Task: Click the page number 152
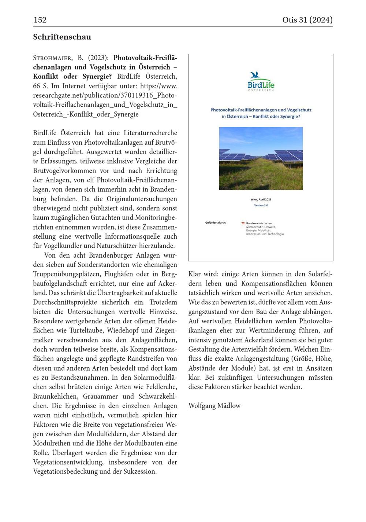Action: (x=40, y=20)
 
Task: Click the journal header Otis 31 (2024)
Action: (x=307, y=20)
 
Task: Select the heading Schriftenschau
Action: (x=62, y=37)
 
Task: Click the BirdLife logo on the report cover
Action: (x=261, y=82)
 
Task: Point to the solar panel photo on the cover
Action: (x=261, y=158)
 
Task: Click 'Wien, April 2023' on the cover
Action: (x=261, y=199)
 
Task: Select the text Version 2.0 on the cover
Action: (x=261, y=205)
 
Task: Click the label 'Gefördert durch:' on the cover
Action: (x=216, y=223)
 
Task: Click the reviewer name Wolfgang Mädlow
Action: (x=214, y=405)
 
